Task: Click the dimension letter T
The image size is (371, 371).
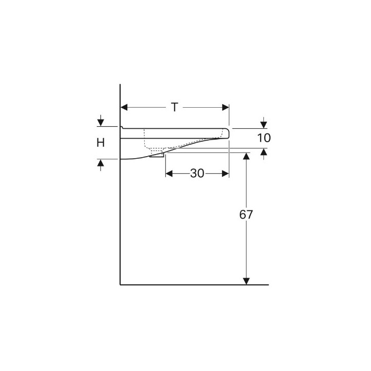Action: (x=175, y=107)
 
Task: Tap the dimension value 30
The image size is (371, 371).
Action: (x=197, y=174)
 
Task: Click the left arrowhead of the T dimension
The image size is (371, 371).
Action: (x=124, y=107)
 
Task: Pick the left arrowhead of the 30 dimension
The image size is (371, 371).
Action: (x=169, y=174)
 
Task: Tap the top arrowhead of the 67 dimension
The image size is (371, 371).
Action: (x=246, y=156)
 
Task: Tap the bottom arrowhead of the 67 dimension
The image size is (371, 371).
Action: (x=246, y=281)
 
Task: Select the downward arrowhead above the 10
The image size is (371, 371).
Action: (x=264, y=124)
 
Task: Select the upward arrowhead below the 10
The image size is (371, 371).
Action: (x=264, y=152)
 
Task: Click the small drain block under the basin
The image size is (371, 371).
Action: (x=157, y=154)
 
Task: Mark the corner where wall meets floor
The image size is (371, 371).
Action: (x=120, y=284)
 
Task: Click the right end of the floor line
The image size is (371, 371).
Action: (x=268, y=284)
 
